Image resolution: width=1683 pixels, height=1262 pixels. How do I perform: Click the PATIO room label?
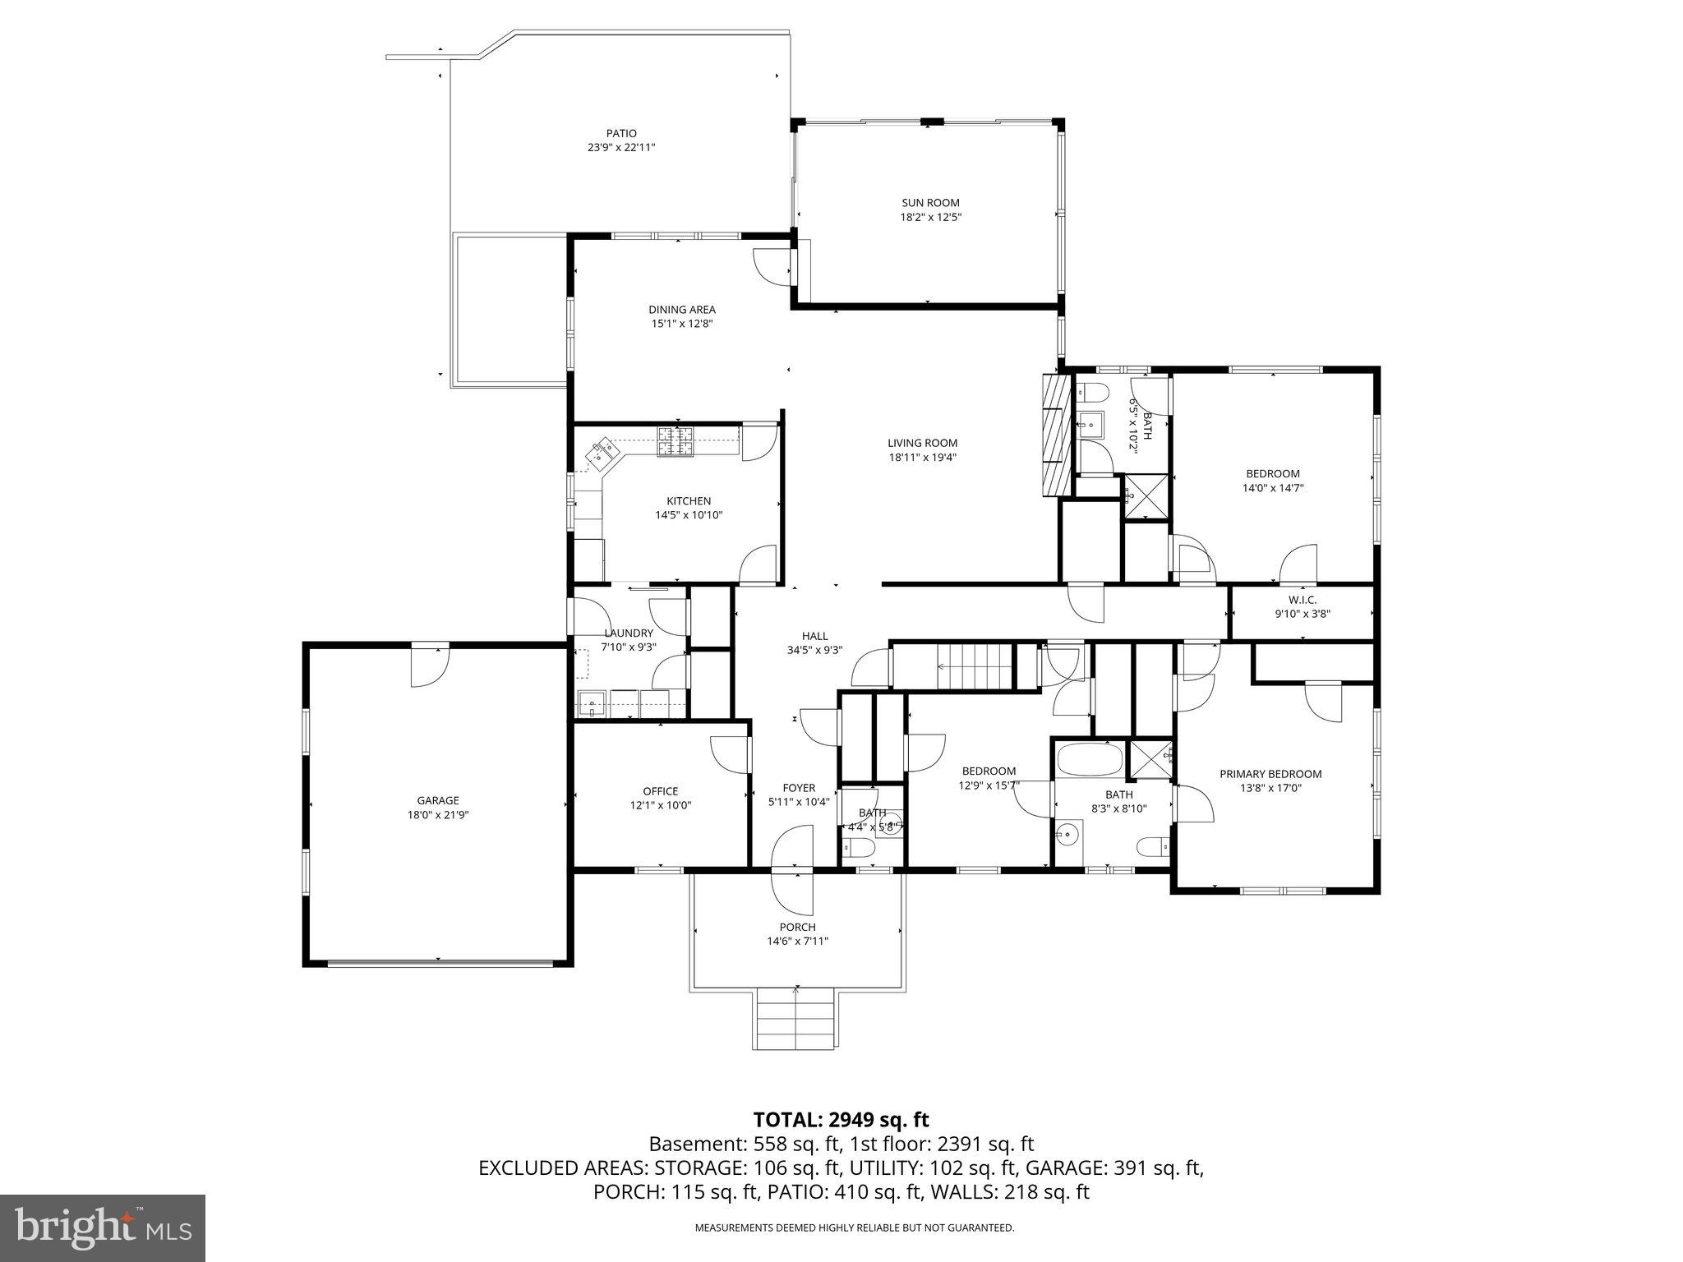(621, 133)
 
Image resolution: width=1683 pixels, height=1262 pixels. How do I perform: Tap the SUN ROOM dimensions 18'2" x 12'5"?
(930, 218)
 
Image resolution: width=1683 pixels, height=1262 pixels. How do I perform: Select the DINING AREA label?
(682, 310)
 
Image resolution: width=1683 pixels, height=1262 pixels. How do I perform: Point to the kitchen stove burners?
(676, 441)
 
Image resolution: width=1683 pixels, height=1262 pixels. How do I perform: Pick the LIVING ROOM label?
(922, 443)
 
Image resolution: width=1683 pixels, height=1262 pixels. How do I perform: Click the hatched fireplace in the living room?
(1057, 435)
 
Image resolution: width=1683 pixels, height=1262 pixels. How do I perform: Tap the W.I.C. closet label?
(1303, 600)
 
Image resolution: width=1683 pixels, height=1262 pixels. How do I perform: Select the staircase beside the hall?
(975, 666)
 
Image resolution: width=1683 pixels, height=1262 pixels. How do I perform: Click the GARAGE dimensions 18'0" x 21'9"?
(438, 815)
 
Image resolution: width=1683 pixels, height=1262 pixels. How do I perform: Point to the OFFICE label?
(660, 791)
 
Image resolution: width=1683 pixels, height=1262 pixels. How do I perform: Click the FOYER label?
(799, 788)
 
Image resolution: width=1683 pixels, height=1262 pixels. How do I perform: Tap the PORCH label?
(797, 927)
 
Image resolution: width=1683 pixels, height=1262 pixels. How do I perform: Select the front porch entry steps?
(796, 1020)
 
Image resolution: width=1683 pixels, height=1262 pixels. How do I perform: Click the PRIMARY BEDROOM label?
(1270, 774)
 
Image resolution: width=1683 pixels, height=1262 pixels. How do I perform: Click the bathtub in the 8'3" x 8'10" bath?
(1090, 759)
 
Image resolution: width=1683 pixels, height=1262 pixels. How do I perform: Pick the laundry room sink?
(592, 703)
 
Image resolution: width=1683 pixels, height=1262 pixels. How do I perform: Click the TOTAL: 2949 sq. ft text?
(841, 1119)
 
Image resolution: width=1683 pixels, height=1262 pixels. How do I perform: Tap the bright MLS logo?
(103, 1227)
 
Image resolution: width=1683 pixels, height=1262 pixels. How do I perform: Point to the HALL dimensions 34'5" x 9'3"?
(815, 650)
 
